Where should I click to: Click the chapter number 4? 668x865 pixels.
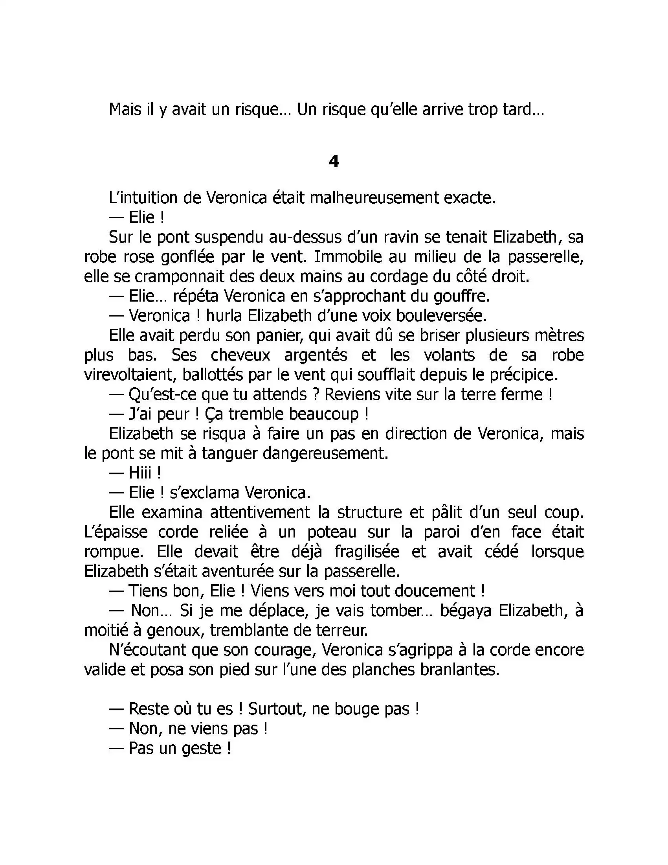click(x=334, y=162)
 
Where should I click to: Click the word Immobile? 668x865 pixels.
click(x=347, y=257)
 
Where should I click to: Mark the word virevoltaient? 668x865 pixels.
click(x=130, y=375)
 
